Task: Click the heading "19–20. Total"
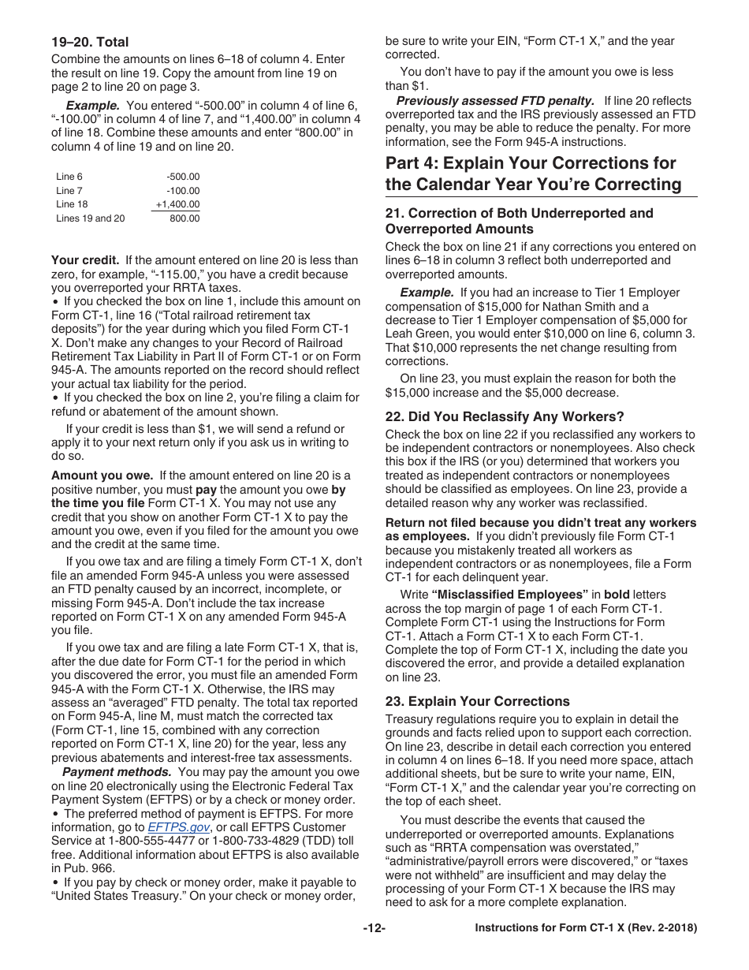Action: point(90,42)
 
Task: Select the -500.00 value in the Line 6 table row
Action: point(183,177)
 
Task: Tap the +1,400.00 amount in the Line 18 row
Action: point(177,204)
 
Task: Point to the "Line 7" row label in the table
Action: point(69,191)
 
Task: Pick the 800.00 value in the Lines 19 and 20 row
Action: point(184,218)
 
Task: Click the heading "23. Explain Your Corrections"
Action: point(477,701)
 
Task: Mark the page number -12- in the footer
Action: point(374,928)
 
